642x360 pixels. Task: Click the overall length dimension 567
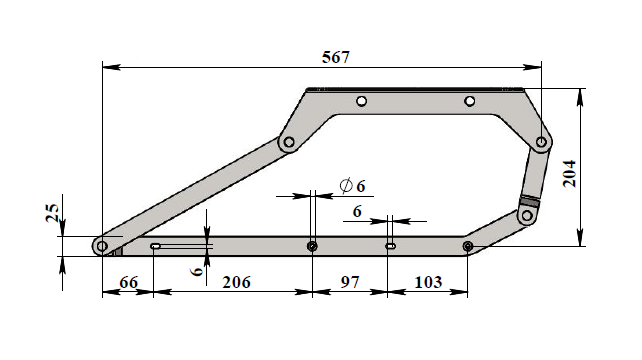[336, 57]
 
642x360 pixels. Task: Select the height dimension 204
[570, 174]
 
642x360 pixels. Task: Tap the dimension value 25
[52, 213]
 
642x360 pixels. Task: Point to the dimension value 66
[129, 282]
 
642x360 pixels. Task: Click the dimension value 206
[236, 282]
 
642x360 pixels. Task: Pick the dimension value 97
[350, 282]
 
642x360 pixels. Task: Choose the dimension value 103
[428, 282]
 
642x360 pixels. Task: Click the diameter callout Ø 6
[353, 186]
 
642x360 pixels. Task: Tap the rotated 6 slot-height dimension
[197, 271]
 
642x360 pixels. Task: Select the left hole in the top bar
[361, 101]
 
